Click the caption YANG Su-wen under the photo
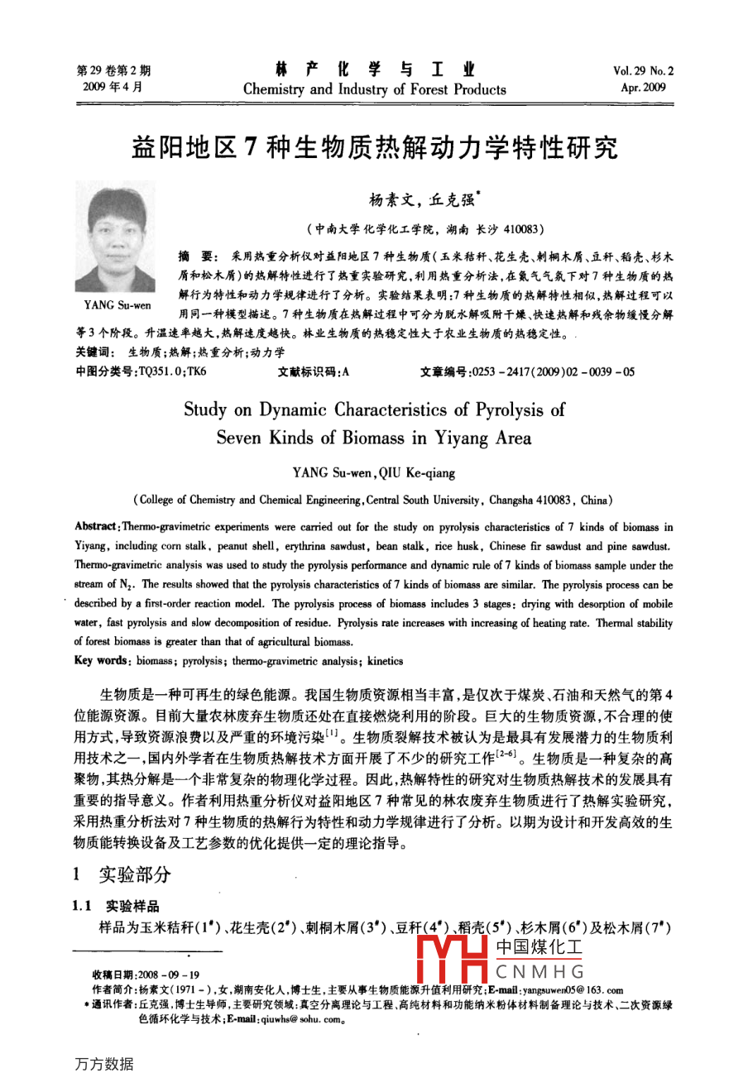click(x=117, y=305)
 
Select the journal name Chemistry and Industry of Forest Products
click(x=374, y=89)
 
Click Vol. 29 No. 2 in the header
click(x=643, y=71)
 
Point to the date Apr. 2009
click(x=643, y=87)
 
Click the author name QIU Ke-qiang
click(x=417, y=473)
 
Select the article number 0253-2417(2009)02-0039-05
click(x=552, y=371)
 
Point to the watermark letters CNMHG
click(x=539, y=972)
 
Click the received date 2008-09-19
click(x=169, y=975)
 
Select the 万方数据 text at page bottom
click(x=103, y=1065)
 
